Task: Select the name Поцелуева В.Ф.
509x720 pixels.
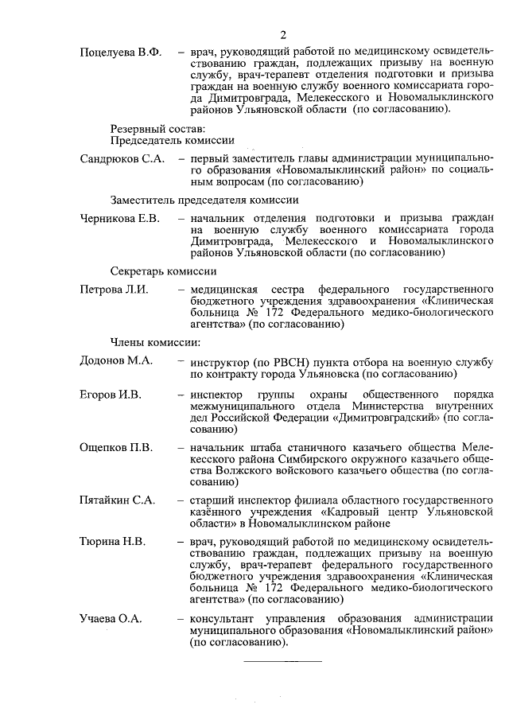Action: click(x=121, y=53)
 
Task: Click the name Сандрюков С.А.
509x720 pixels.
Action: click(x=122, y=159)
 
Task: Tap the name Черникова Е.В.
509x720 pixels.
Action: click(x=121, y=217)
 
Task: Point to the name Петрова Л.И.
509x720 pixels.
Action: click(x=115, y=289)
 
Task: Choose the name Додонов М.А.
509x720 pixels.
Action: click(x=117, y=360)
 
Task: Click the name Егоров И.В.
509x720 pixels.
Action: click(x=111, y=395)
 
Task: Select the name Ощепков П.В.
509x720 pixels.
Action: click(x=116, y=446)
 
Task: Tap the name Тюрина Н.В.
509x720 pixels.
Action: click(x=113, y=543)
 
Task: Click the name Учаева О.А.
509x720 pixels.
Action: click(x=111, y=618)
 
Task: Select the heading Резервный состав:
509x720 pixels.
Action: click(x=158, y=127)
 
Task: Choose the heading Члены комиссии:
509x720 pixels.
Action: click(x=154, y=342)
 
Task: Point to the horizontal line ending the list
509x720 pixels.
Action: click(x=282, y=660)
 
